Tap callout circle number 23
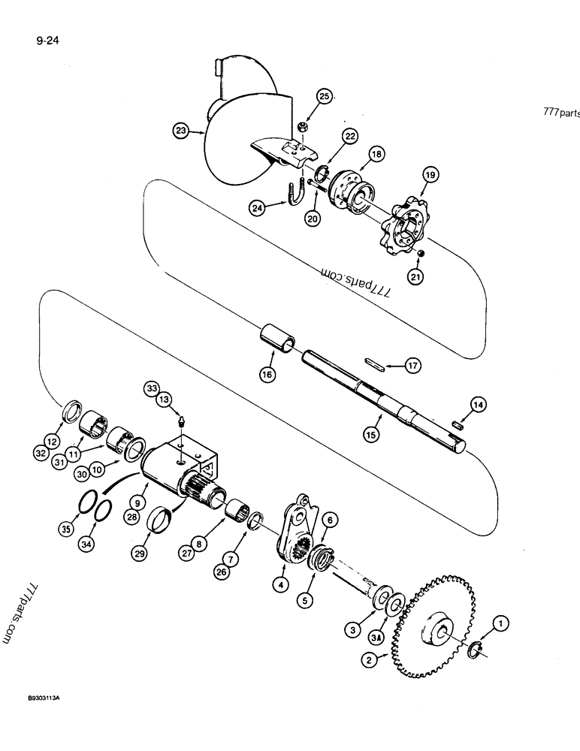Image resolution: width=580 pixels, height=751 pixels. pos(181,131)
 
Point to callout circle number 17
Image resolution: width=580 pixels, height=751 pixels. pos(412,366)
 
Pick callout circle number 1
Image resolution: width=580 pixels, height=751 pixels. pos(502,621)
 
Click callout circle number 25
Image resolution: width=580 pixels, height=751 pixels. pos(325,97)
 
